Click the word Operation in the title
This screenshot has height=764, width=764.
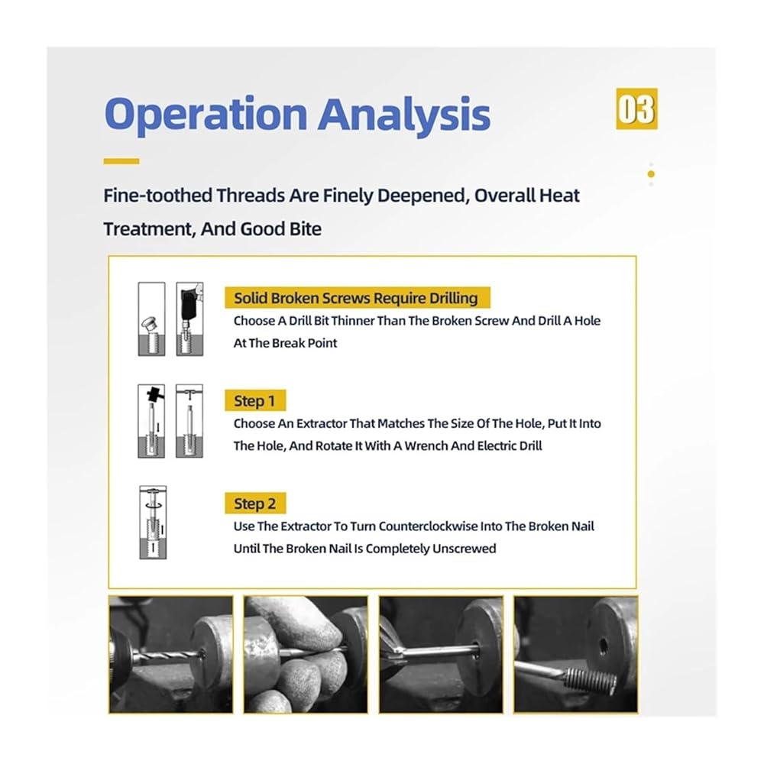pyautogui.click(x=206, y=115)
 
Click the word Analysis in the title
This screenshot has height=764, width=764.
pyautogui.click(x=404, y=115)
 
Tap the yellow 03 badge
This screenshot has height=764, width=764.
pyautogui.click(x=636, y=108)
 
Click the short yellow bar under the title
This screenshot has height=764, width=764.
pyautogui.click(x=121, y=161)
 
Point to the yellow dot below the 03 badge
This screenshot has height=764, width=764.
pyautogui.click(x=651, y=174)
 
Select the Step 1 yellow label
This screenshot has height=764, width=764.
pyautogui.click(x=255, y=400)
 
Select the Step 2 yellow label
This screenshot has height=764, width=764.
pyautogui.click(x=255, y=503)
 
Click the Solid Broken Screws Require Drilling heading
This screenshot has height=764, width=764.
pyautogui.click(x=357, y=298)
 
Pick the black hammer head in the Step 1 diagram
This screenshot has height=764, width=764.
pyautogui.click(x=154, y=393)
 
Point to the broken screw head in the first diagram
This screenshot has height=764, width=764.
pyautogui.click(x=148, y=322)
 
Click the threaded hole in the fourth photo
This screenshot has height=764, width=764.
pyautogui.click(x=604, y=646)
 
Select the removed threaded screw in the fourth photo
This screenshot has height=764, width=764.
pyautogui.click(x=591, y=680)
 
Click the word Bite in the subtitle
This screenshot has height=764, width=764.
pyautogui.click(x=306, y=229)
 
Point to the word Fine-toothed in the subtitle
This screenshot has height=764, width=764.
pyautogui.click(x=157, y=196)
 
